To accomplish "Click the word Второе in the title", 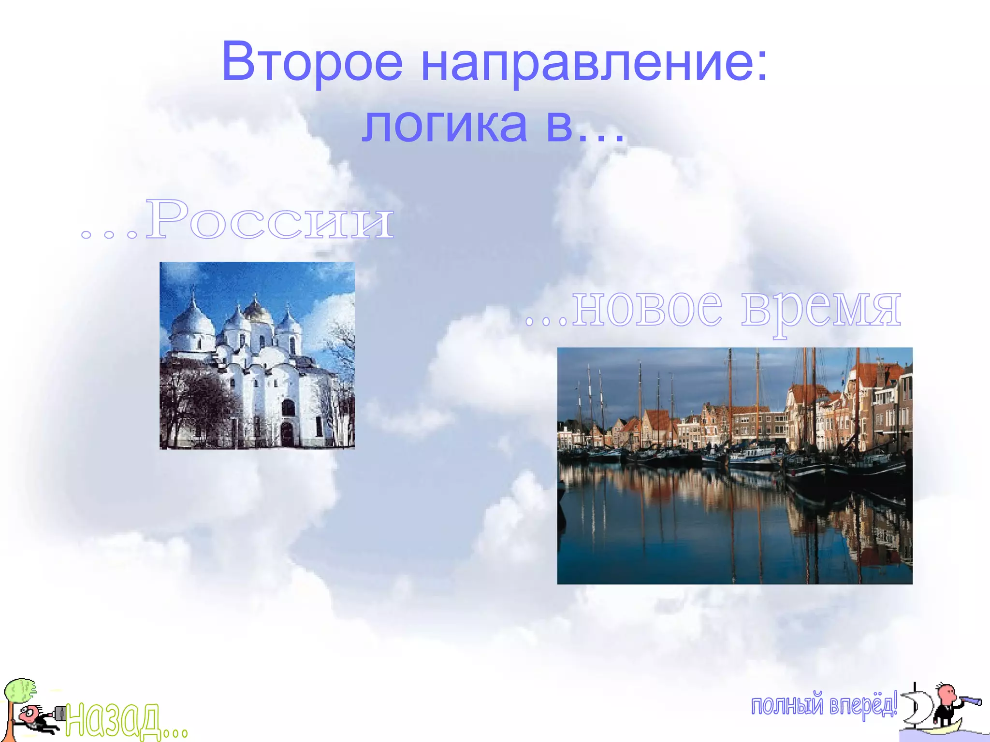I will [312, 62].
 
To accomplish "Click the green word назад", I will [113, 720].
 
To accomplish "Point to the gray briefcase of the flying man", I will [60, 713].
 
